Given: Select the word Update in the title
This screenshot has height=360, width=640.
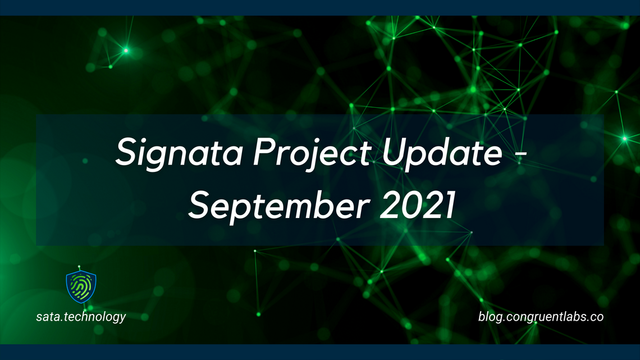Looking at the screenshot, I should coord(438,153).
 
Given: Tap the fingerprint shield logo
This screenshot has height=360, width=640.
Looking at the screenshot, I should coord(81,287).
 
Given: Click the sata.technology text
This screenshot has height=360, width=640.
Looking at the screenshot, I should coord(81,317).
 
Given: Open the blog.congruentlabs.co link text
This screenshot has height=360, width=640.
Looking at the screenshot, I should coord(541,317).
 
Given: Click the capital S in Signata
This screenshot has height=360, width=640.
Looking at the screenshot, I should coord(126,153).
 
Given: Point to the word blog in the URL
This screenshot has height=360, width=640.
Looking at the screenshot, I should coord(488,317).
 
